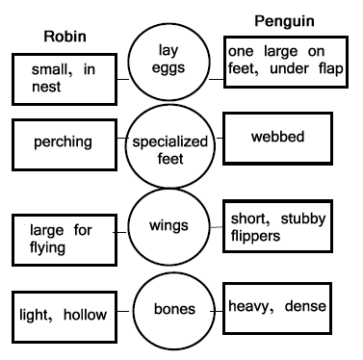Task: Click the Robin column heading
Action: pos(66,37)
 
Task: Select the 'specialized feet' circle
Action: pos(169,149)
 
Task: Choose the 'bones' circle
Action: pos(170,311)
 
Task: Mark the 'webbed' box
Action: pos(279,137)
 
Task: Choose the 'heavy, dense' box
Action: pos(279,308)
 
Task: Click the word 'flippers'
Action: pos(254,235)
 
